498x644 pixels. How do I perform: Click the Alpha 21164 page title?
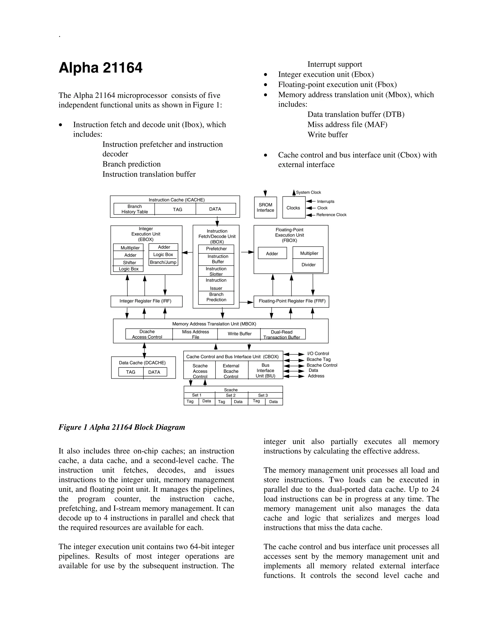click(x=100, y=68)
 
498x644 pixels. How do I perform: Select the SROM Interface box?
click(x=265, y=208)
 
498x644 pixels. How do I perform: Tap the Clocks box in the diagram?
click(x=293, y=208)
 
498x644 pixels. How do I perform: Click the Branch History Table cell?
click(x=134, y=209)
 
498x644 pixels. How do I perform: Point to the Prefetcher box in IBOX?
click(x=216, y=249)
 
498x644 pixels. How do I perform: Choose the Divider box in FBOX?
click(x=308, y=265)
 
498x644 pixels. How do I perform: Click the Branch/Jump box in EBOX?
click(x=163, y=262)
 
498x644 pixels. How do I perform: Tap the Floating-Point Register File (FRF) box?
click(x=292, y=301)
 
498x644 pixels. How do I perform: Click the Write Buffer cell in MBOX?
click(x=239, y=334)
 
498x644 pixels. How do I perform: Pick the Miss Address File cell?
click(x=195, y=334)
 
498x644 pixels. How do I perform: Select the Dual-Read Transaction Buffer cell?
click(x=282, y=334)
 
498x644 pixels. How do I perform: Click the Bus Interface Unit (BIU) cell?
click(x=265, y=370)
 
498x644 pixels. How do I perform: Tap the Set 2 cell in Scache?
click(x=231, y=395)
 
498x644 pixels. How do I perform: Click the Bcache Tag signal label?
click(x=318, y=359)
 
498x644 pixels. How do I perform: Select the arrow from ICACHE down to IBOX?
click(x=217, y=221)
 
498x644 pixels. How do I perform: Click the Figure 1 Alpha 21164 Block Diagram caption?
click(x=122, y=427)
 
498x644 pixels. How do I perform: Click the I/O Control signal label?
click(x=318, y=354)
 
